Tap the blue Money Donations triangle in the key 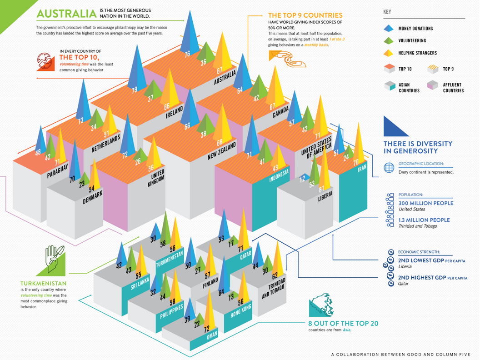pyautogui.click(x=388, y=28)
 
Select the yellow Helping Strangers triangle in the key pyautogui.click(x=388, y=53)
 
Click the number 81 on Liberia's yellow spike pyautogui.click(x=322, y=189)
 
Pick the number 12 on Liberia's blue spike pyautogui.click(x=302, y=180)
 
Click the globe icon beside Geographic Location pyautogui.click(x=389, y=168)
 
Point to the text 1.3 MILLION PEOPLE pyautogui.click(x=424, y=220)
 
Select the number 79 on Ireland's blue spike pyautogui.click(x=135, y=90)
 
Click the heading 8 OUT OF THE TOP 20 pyautogui.click(x=343, y=324)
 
